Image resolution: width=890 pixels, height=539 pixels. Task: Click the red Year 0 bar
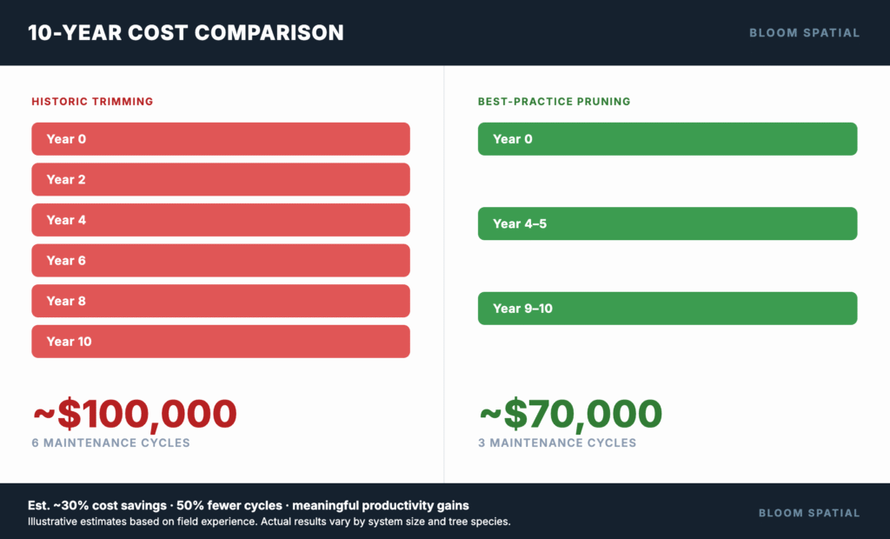tap(220, 139)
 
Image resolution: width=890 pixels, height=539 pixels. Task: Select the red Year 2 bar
tap(220, 179)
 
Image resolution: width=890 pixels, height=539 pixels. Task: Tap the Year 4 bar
tap(220, 220)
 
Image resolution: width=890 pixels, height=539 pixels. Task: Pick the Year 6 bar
tap(220, 260)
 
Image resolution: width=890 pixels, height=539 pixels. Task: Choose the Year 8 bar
tap(220, 301)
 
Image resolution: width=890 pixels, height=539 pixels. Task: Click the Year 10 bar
tap(220, 342)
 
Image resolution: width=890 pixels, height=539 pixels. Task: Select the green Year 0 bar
tap(667, 139)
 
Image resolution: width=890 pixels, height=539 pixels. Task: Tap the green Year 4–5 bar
tap(667, 223)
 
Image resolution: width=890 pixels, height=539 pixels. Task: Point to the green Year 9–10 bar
tap(667, 309)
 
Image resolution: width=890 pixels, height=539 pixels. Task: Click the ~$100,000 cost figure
tap(135, 414)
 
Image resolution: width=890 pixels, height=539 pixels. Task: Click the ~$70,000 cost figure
tap(570, 414)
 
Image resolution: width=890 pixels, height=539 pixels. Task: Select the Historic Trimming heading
tap(92, 102)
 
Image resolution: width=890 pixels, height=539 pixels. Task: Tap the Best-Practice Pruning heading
tap(554, 102)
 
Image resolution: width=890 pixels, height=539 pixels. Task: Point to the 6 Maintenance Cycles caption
tap(110, 443)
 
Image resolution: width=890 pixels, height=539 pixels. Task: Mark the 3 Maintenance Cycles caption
tap(557, 443)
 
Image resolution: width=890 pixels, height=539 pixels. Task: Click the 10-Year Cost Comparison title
tap(186, 33)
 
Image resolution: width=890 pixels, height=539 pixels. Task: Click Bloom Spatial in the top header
tap(804, 33)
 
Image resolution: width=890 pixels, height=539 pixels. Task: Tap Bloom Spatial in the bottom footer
tap(808, 513)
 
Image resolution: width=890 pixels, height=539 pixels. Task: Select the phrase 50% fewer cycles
tap(230, 505)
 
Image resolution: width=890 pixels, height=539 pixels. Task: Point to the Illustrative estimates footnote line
tap(269, 522)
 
